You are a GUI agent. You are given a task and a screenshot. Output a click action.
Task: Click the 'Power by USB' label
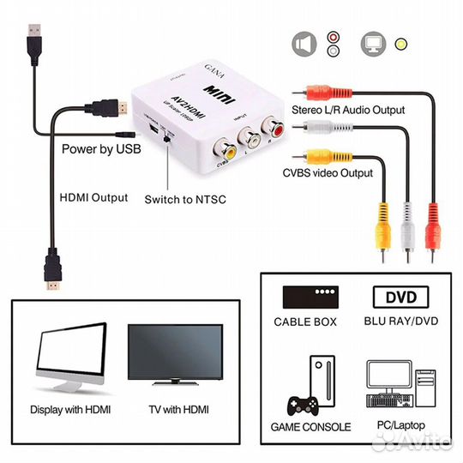[99, 147]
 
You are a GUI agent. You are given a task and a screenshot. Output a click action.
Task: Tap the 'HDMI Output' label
[93, 197]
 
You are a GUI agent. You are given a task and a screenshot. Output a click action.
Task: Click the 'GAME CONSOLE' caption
[310, 426]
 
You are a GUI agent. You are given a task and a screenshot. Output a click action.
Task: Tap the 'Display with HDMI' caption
[70, 410]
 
